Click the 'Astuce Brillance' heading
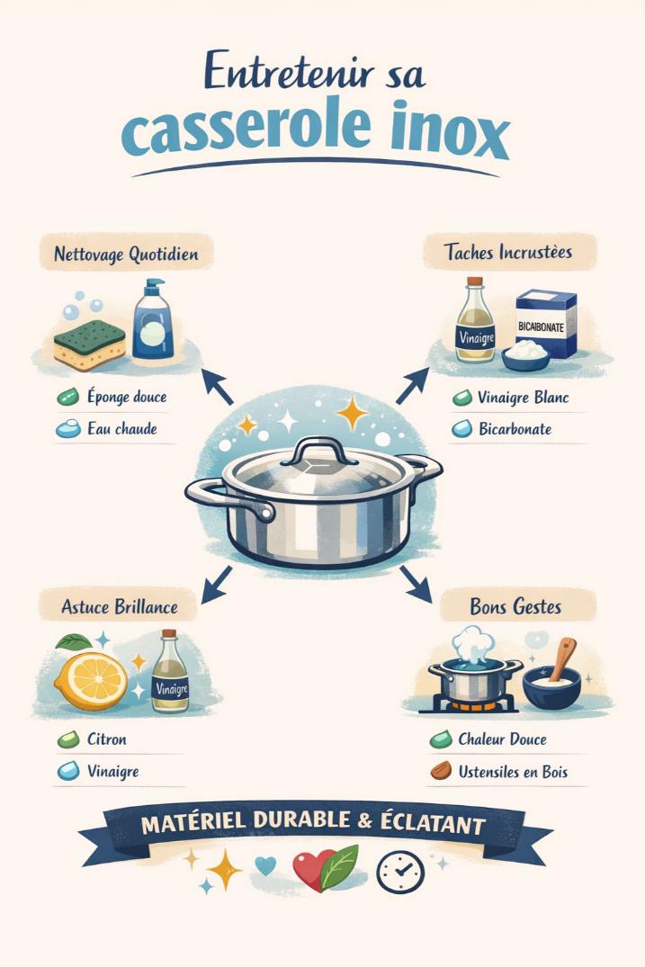120,606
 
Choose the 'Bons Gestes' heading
515,606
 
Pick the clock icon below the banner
399,870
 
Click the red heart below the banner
311,869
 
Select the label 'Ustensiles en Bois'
513,772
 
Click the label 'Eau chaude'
123,429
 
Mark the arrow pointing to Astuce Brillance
217,585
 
